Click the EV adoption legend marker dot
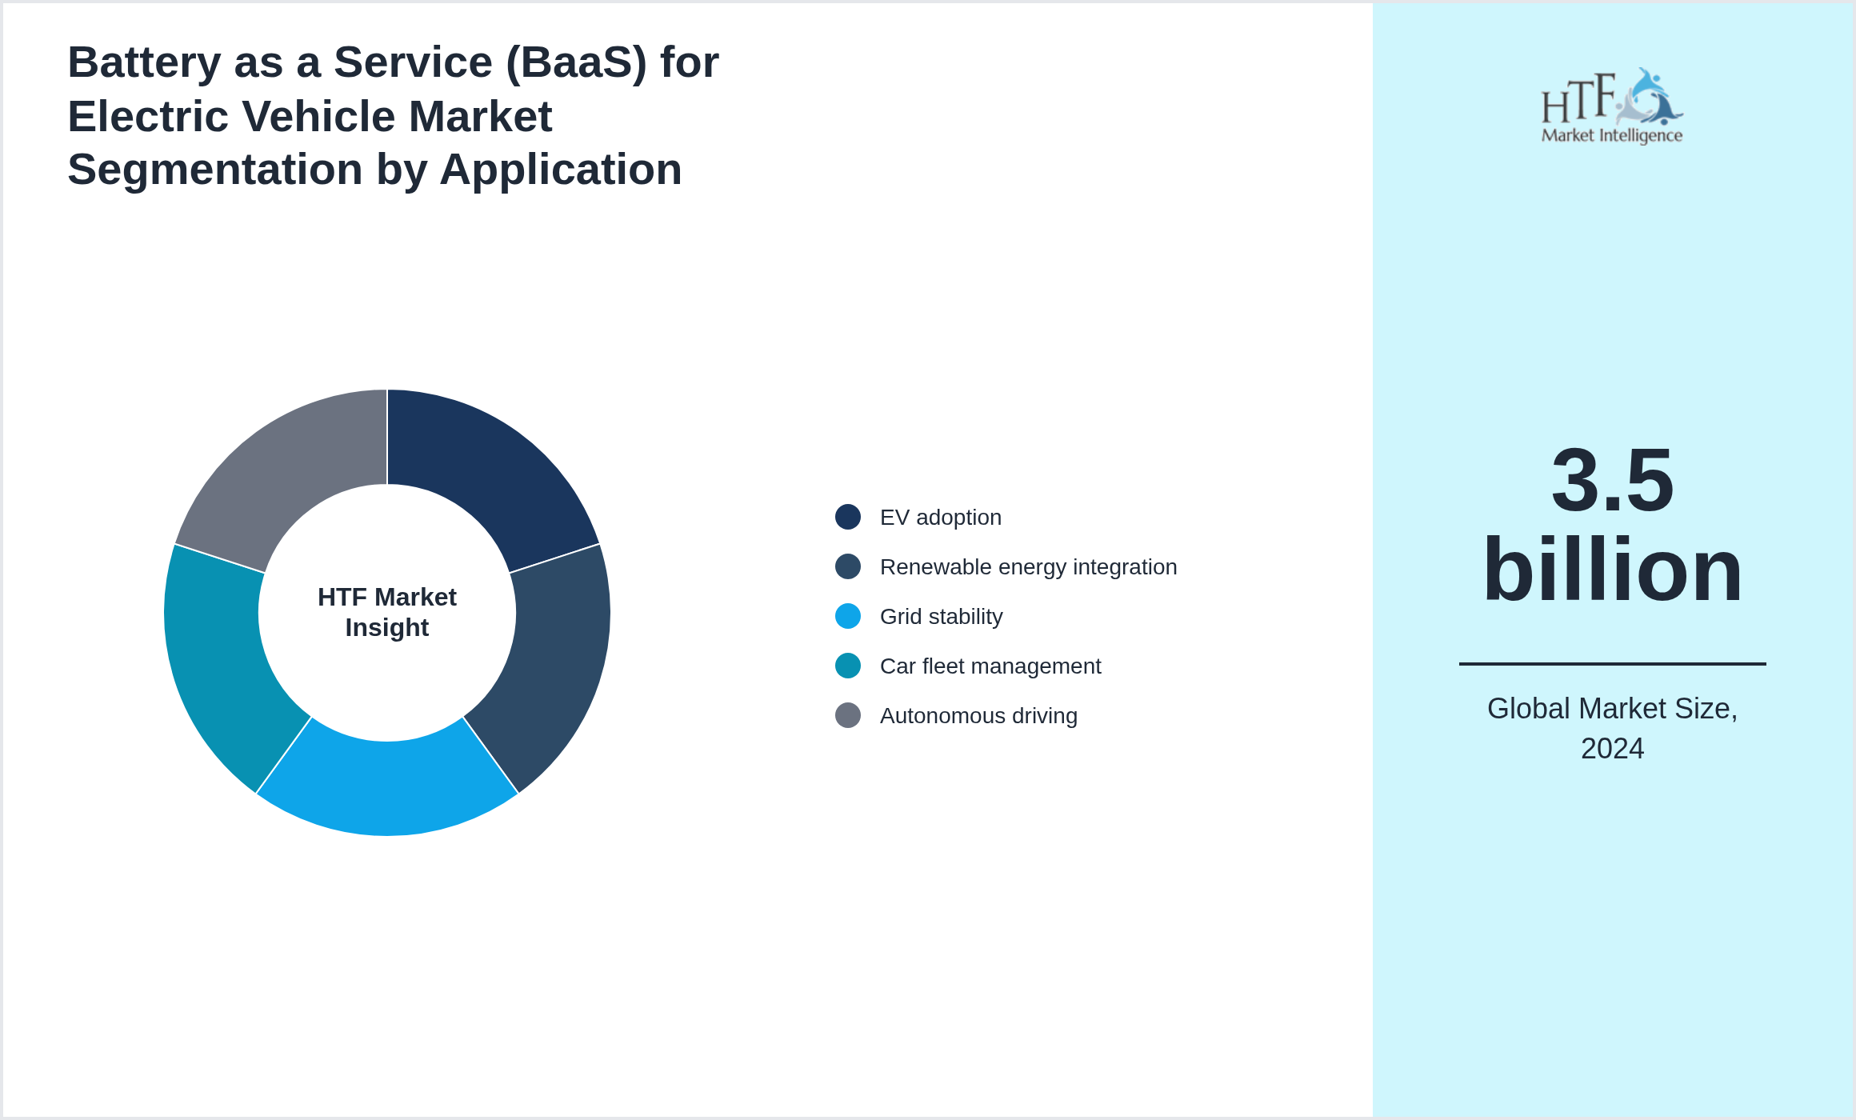848,517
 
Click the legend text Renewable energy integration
1028,566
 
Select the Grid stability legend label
941,616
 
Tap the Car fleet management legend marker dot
848,666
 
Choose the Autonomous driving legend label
978,715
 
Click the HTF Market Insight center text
387,612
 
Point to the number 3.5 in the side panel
1612,480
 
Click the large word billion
1612,570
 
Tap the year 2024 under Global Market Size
1612,749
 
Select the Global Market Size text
1612,709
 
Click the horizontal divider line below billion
1612,663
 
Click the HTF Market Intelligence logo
1612,106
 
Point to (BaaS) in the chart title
576,62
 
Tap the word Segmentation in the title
214,170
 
